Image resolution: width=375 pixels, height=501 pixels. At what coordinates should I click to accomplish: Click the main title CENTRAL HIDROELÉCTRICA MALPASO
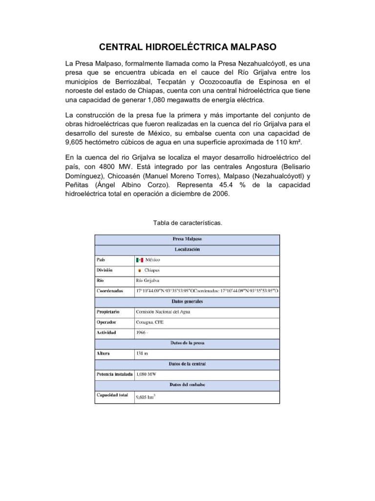pos(187,47)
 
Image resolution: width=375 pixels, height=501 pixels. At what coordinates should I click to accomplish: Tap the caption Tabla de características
pos(187,223)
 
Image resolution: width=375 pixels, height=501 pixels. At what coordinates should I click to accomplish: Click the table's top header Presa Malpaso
pos(187,239)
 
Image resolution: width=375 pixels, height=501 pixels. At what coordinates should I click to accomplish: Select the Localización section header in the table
pos(187,249)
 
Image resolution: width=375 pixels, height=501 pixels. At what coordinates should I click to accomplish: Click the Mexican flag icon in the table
pos(140,259)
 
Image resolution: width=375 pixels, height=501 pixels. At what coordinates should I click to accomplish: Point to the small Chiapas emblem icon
pos(140,270)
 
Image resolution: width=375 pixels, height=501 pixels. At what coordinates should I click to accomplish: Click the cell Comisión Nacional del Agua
pos(163,311)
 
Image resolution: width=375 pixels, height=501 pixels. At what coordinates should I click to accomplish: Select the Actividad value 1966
pos(142,333)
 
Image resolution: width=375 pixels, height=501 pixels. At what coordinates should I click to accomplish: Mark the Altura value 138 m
pos(142,353)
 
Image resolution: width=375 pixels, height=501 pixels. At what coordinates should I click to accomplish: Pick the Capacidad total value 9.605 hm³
pos(146,397)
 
